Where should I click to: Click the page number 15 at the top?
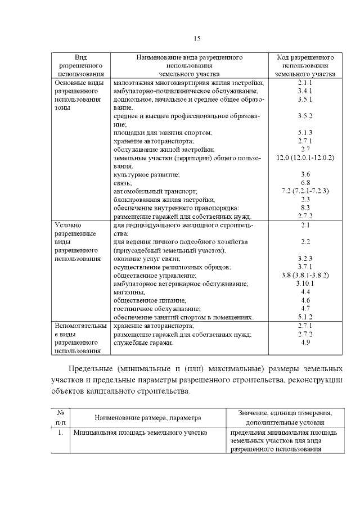[x=197, y=38]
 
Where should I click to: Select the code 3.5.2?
[x=305, y=115]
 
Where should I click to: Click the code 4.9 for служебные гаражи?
[x=305, y=343]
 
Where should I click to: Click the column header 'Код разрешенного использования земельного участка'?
[x=305, y=65]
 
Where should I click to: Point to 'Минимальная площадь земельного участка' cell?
[x=139, y=433]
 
